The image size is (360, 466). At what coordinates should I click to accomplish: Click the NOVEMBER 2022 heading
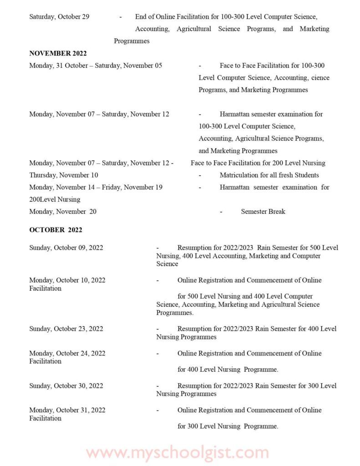(x=58, y=53)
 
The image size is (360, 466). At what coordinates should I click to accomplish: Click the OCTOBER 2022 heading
(x=56, y=230)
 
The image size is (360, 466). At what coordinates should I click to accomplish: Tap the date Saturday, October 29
(x=59, y=17)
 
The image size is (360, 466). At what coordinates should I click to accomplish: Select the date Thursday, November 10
(x=64, y=175)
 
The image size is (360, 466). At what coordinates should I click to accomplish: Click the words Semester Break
(x=263, y=212)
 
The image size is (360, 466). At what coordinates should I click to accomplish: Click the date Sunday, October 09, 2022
(x=66, y=248)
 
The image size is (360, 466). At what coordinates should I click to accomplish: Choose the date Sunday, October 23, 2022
(x=66, y=329)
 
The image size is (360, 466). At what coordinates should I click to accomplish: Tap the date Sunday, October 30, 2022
(x=66, y=386)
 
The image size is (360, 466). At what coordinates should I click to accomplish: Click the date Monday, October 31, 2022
(x=67, y=410)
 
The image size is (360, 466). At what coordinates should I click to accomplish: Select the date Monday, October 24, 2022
(x=67, y=353)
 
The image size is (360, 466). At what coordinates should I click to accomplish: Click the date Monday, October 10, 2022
(x=67, y=280)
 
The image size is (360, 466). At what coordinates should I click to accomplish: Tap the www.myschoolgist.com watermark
(x=177, y=453)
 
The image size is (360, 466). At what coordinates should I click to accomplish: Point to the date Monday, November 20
(x=63, y=212)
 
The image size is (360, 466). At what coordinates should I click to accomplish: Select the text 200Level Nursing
(x=55, y=199)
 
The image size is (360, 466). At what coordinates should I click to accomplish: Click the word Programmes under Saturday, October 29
(x=132, y=41)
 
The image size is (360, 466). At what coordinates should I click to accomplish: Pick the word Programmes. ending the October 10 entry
(x=175, y=313)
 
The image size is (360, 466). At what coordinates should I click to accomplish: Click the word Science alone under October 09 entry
(x=167, y=264)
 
